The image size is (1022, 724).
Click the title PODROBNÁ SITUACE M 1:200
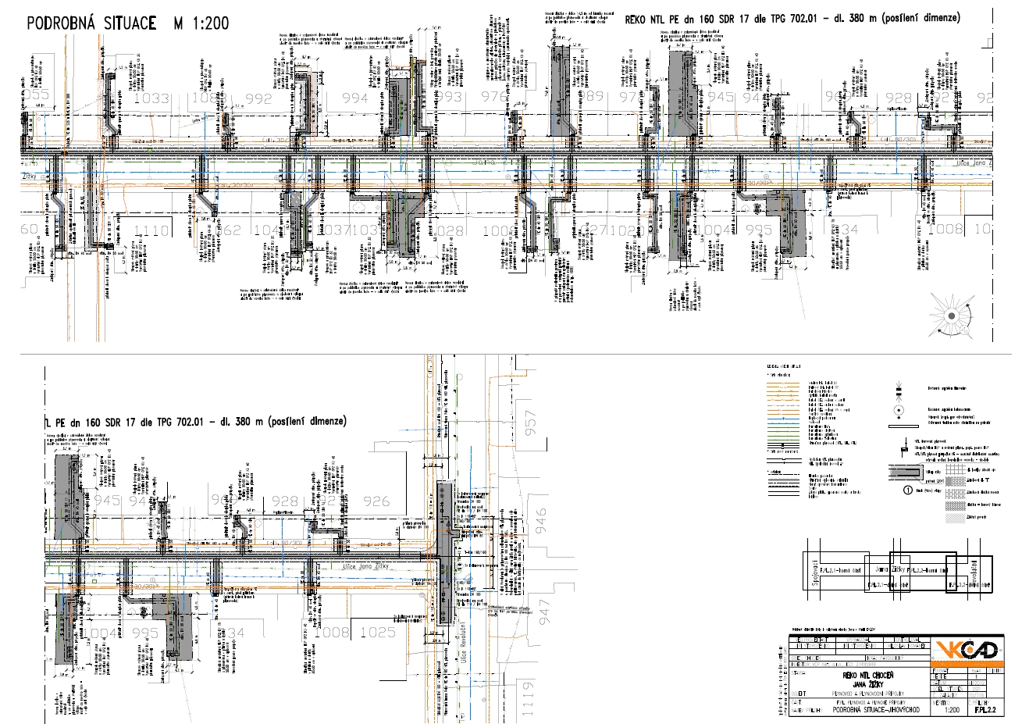coord(128,23)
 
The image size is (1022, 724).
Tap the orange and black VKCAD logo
coord(967,651)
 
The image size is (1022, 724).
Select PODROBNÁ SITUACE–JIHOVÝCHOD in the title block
coord(867,710)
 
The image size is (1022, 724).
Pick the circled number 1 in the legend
coord(908,491)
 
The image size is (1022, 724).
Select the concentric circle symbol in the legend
coord(898,409)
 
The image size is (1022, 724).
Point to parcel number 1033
coord(151,99)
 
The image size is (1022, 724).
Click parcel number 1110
coord(151,230)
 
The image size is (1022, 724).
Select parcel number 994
coord(355,98)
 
